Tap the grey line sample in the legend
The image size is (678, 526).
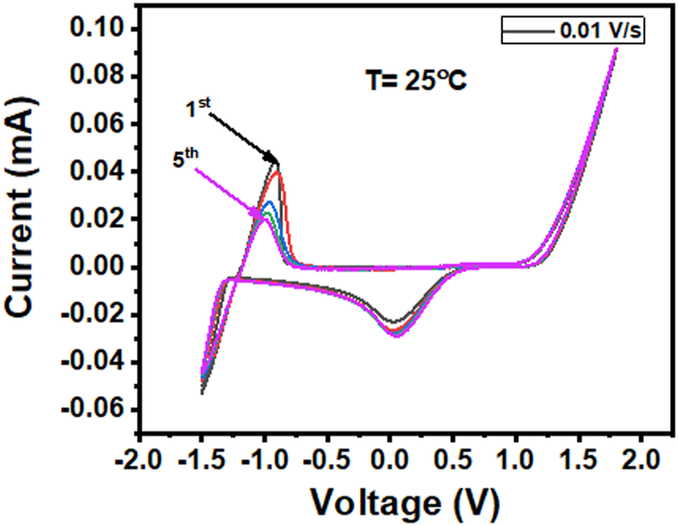click(x=527, y=31)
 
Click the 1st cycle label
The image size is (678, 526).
click(x=196, y=108)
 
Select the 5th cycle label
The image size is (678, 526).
click(x=185, y=160)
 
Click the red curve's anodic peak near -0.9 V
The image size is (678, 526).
click(x=276, y=173)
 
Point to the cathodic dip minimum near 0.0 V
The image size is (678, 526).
click(x=393, y=334)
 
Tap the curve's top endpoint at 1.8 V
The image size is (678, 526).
click(x=615, y=50)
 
